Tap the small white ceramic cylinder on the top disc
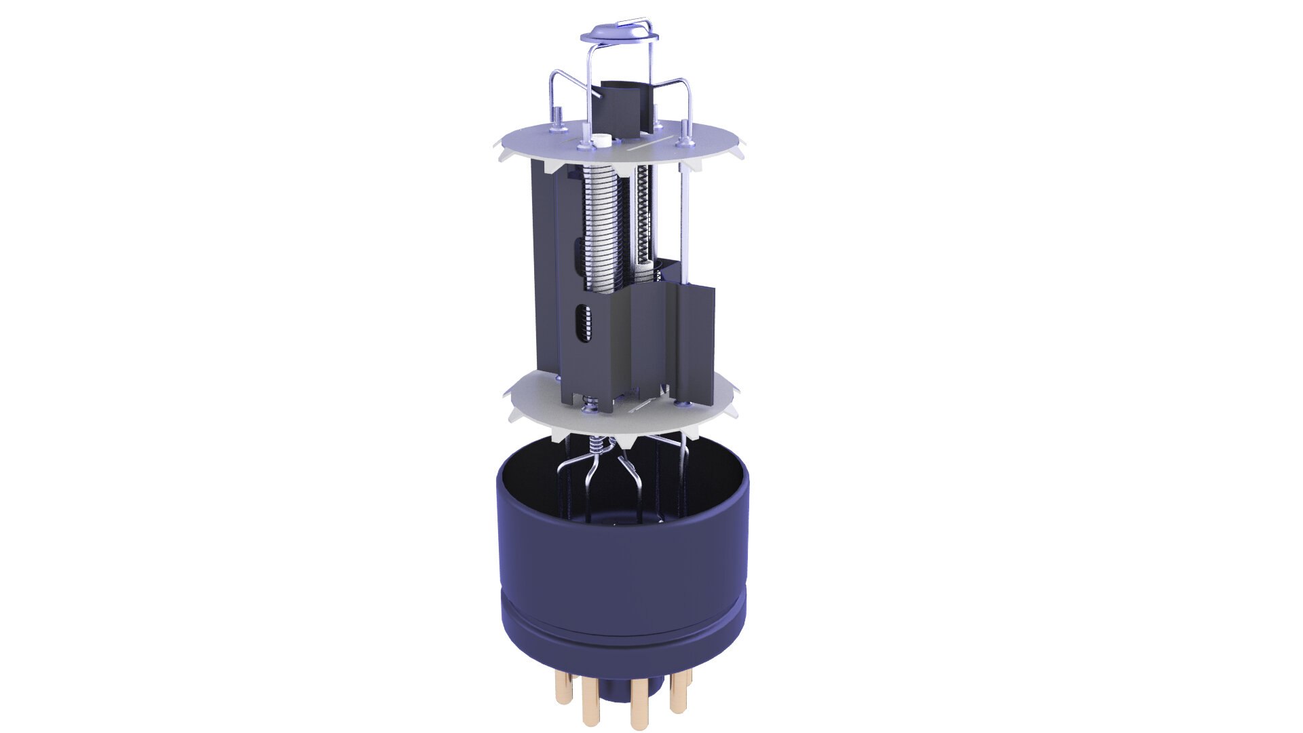[601, 142]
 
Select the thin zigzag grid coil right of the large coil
[642, 217]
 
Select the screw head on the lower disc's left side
[588, 408]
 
